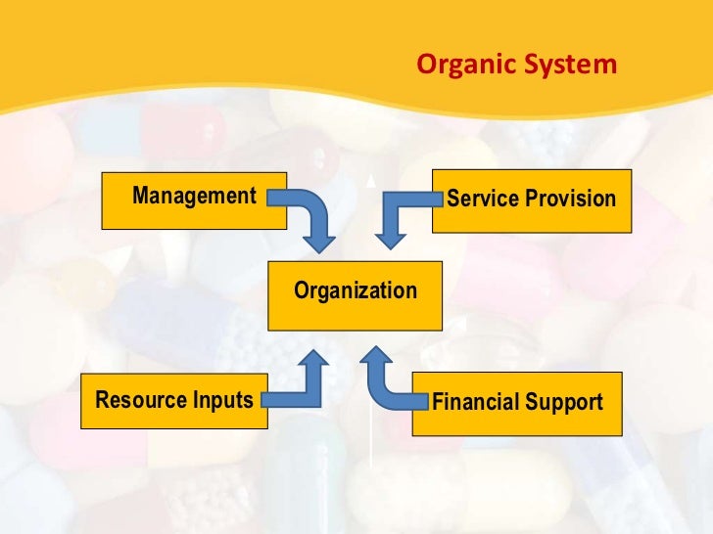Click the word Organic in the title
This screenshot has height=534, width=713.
click(x=457, y=66)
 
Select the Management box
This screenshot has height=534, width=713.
click(x=194, y=200)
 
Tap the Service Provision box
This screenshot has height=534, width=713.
click(x=531, y=200)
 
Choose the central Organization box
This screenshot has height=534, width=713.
click(x=356, y=291)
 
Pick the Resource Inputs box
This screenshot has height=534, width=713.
click(x=173, y=401)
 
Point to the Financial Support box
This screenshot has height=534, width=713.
click(x=517, y=403)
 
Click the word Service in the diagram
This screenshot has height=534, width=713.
click(x=482, y=200)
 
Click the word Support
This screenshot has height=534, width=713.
click(x=564, y=403)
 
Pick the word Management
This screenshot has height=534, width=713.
click(x=194, y=197)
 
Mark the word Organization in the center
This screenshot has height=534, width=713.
click(x=356, y=291)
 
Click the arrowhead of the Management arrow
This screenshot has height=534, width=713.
click(x=319, y=239)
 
